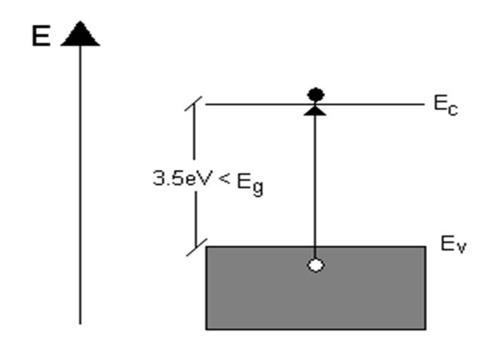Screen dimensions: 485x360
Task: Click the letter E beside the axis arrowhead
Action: point(41,35)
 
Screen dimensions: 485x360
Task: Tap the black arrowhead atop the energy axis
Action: point(80,34)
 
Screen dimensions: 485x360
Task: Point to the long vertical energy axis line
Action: point(80,189)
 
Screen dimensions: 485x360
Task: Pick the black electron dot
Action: point(315,94)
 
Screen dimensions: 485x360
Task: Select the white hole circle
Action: point(315,265)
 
